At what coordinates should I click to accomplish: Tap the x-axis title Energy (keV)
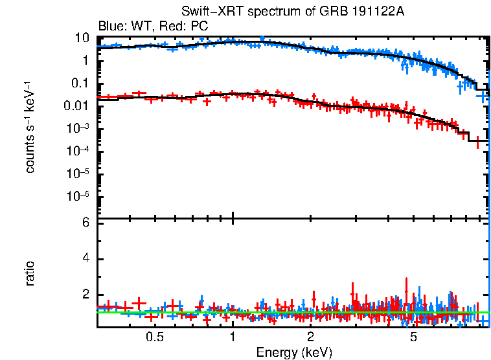[x=294, y=352]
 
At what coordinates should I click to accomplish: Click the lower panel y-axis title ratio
[x=30, y=274]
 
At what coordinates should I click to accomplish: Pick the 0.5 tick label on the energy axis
[x=154, y=337]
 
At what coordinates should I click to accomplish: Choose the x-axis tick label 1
[x=233, y=337]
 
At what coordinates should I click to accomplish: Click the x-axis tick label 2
[x=311, y=337]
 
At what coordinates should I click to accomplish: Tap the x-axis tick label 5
[x=414, y=337]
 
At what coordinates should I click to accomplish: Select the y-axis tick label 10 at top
[x=82, y=38]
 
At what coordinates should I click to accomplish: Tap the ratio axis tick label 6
[x=84, y=223]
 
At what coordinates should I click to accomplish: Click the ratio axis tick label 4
[x=84, y=259]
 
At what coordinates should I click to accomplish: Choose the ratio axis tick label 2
[x=84, y=295]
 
